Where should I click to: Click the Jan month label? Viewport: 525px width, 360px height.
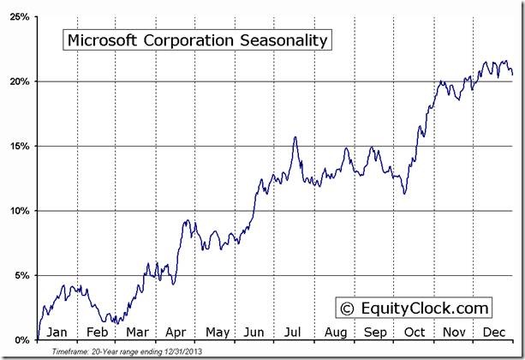[57, 332]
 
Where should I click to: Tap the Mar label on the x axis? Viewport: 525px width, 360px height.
[136, 332]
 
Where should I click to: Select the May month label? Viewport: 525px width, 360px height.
[216, 332]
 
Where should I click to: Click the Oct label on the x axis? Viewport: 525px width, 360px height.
[415, 332]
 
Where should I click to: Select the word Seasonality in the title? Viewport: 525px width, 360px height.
[286, 40]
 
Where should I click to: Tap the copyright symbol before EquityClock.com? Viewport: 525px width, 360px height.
[346, 308]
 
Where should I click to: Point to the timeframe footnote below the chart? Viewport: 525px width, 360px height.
[127, 351]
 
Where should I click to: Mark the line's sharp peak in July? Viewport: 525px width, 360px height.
[295, 137]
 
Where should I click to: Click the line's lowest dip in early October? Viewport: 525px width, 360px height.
[404, 194]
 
